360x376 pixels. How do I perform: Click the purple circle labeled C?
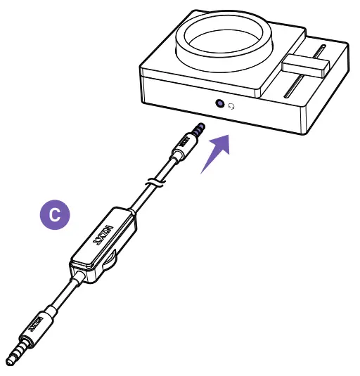[x=54, y=214]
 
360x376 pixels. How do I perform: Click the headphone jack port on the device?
[x=220, y=104]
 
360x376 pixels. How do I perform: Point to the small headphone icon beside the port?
[x=231, y=105]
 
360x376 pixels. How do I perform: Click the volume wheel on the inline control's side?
[x=109, y=265]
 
